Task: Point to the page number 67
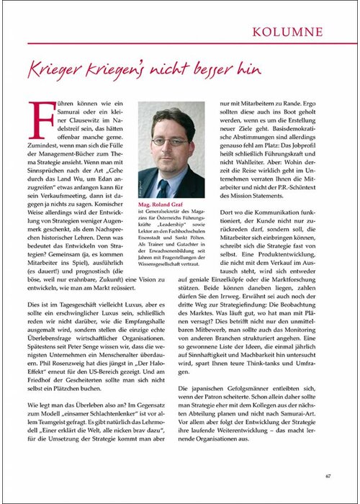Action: coord(328,476)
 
